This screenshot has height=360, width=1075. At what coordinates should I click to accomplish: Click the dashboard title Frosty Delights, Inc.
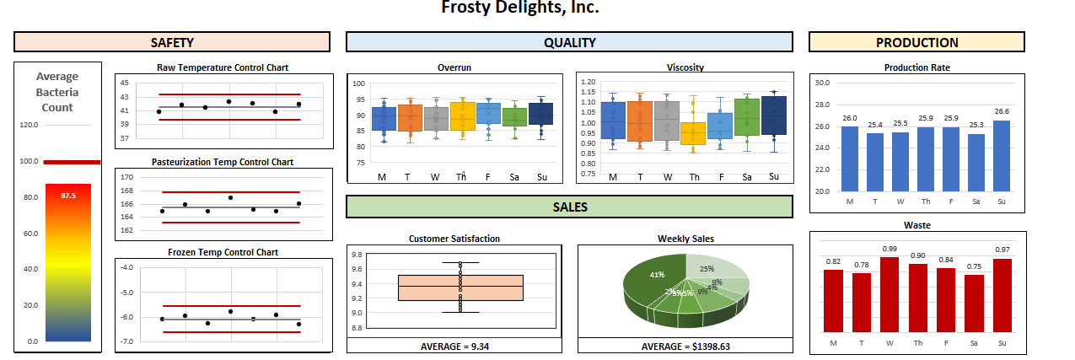[520, 8]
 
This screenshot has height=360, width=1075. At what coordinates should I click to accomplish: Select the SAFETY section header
[172, 42]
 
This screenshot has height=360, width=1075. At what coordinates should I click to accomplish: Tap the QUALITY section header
[569, 42]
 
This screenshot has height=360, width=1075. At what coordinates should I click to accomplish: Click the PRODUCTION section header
[916, 42]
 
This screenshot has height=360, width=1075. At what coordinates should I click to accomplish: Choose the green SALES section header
[569, 207]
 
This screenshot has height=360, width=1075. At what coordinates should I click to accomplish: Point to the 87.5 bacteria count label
[68, 196]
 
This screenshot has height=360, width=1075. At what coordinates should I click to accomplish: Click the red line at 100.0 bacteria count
[72, 161]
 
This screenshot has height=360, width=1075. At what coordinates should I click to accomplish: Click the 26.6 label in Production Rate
[1001, 111]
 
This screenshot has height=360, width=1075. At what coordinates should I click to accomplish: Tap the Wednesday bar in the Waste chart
[890, 295]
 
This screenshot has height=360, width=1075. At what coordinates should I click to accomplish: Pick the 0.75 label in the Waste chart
[974, 266]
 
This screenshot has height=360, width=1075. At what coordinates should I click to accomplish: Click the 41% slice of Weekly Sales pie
[653, 282]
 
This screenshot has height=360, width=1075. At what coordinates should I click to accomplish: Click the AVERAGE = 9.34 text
[454, 346]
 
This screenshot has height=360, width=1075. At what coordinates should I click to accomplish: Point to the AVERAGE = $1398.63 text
[685, 346]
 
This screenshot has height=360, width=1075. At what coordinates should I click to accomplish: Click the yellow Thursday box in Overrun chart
[462, 116]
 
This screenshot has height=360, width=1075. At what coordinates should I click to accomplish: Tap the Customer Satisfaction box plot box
[460, 287]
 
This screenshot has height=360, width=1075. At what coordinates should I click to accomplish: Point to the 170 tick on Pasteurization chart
[126, 178]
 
